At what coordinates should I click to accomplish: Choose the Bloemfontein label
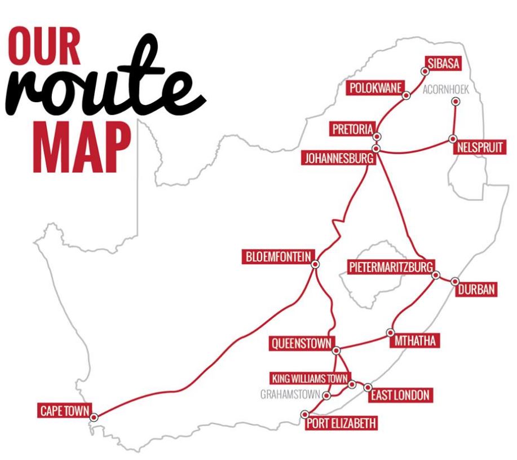276,257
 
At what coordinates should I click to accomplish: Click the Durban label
476,290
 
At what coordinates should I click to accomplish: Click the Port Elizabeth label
340,423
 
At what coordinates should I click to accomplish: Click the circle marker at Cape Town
94,417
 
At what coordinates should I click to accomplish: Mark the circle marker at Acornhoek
456,101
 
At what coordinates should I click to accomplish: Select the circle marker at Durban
455,281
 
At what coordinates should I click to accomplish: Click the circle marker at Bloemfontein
315,264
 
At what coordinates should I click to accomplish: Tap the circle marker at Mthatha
391,332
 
